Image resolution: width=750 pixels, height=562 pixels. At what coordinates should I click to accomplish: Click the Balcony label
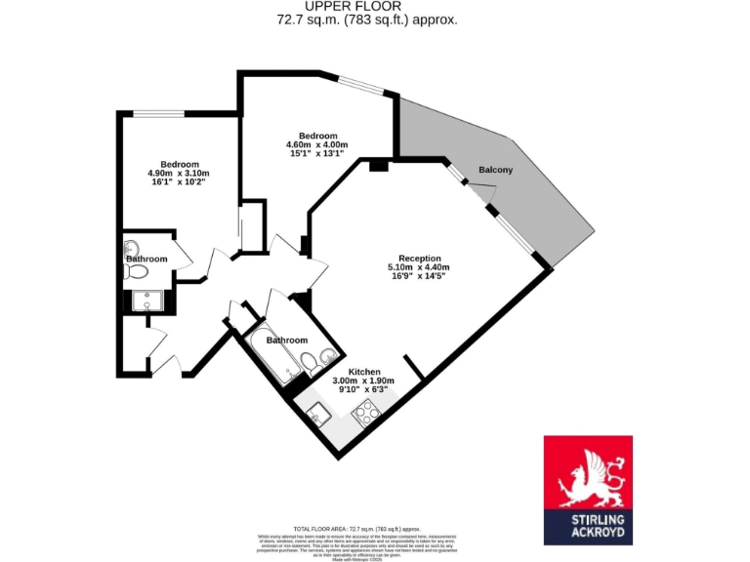tap(495, 171)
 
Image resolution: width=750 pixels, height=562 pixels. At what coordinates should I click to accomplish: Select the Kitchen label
tap(363, 372)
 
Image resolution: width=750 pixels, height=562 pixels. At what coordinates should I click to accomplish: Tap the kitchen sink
tap(320, 415)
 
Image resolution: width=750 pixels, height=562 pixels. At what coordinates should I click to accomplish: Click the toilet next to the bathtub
tap(311, 364)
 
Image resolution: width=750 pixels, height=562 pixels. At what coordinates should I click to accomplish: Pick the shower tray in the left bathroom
tap(148, 300)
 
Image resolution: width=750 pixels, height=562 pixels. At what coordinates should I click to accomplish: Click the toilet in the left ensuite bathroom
tap(134, 270)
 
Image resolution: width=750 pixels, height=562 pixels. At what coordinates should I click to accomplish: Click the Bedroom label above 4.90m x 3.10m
tap(180, 164)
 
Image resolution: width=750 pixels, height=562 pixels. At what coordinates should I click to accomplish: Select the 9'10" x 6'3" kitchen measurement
tap(363, 389)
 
